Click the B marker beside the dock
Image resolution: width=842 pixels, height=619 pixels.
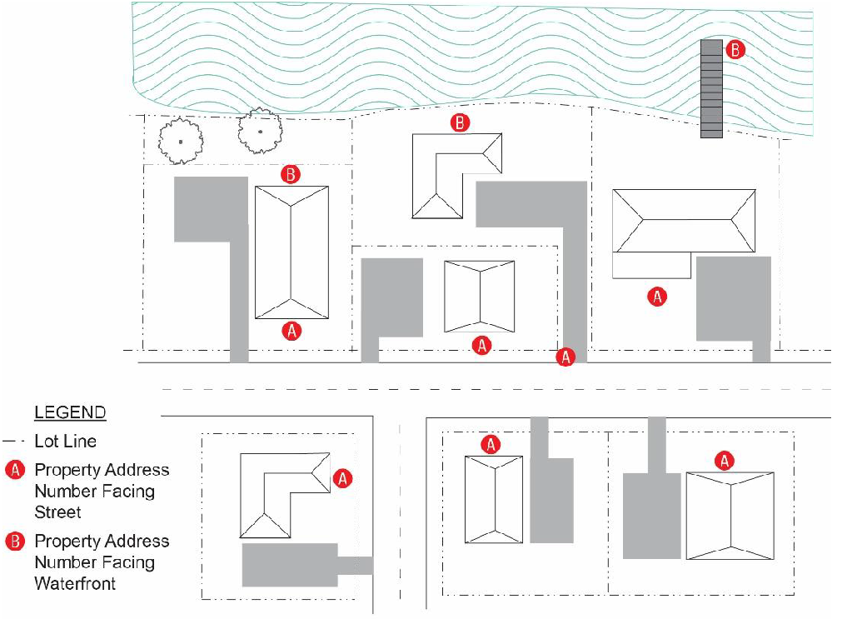(x=735, y=49)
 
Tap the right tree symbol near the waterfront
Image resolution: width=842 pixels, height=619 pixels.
(x=259, y=132)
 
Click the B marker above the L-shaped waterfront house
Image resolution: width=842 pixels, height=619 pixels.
(x=460, y=123)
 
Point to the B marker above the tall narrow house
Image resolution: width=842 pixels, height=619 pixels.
(x=291, y=175)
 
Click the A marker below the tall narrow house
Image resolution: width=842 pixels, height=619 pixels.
(x=291, y=331)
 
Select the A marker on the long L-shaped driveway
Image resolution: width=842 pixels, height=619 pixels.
(x=566, y=357)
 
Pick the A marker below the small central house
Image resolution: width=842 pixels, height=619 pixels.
(x=481, y=345)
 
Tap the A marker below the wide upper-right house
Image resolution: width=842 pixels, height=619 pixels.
(x=657, y=297)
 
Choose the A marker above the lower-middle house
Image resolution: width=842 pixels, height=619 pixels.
(x=491, y=445)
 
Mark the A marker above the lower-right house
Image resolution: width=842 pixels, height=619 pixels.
(x=725, y=461)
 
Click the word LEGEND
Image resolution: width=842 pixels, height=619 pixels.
(x=70, y=412)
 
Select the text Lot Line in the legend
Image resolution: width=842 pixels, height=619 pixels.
(x=66, y=441)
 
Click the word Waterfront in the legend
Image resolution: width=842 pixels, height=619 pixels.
(x=75, y=583)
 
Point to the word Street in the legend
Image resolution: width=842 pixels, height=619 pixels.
(x=57, y=512)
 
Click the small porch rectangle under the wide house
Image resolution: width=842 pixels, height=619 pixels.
(x=651, y=266)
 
